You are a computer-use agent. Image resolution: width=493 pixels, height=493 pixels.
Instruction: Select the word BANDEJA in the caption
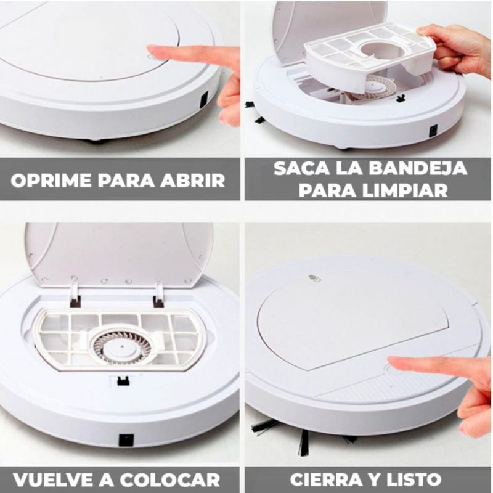coord(418,168)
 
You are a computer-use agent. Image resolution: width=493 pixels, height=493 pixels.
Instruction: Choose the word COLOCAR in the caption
coord(170,479)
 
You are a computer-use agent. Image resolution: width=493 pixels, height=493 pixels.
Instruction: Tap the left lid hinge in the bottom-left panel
coord(75,294)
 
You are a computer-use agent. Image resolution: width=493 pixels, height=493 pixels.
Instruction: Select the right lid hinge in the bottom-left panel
coord(158,295)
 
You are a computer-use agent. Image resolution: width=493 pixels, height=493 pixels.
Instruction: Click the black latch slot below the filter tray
coord(123,381)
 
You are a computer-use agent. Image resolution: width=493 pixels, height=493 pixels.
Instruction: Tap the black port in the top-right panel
coord(433,131)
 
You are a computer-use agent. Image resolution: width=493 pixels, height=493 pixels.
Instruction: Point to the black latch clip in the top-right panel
coord(400,99)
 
